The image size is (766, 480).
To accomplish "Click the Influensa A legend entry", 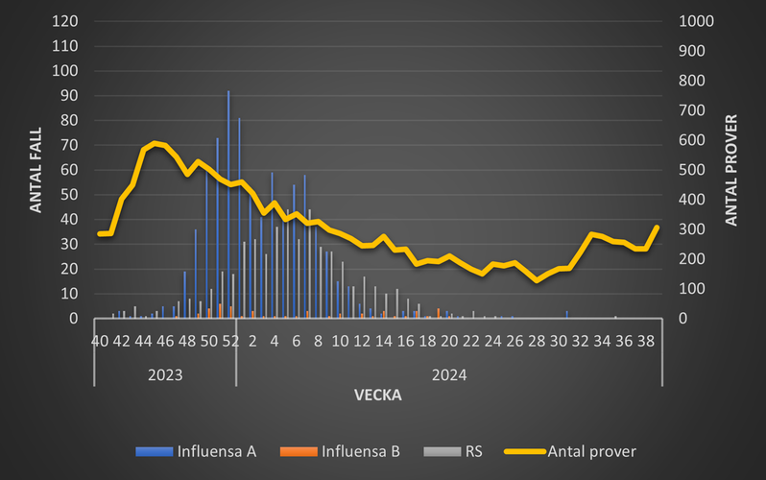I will pyautogui.click(x=214, y=450).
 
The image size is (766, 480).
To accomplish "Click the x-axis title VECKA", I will pyautogui.click(x=377, y=395).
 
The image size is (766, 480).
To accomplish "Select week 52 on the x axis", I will pyautogui.click(x=230, y=340).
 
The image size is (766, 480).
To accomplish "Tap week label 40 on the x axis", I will pyautogui.click(x=100, y=340).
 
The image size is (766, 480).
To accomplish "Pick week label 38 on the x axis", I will pyautogui.click(x=646, y=340).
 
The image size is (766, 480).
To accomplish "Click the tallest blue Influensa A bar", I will pyautogui.click(x=227, y=206).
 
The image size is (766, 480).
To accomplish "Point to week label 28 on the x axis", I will pyautogui.click(x=537, y=340).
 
